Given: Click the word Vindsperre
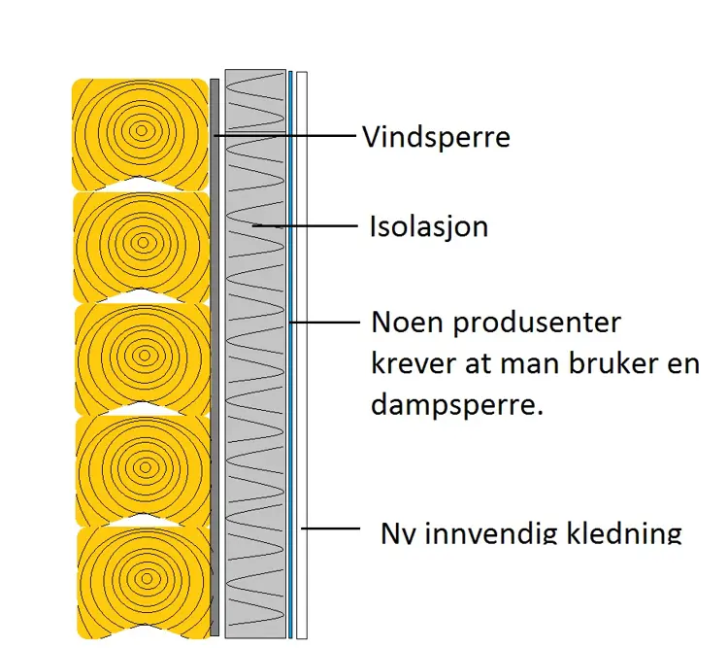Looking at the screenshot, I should coord(436,136).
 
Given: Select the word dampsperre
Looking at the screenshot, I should coord(456,404).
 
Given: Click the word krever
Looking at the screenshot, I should coord(408,362).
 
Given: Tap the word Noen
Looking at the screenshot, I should coord(406,322).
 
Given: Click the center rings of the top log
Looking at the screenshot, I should coord(142,129).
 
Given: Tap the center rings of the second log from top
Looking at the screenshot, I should coord(142,241).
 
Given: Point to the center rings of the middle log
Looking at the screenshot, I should coord(142,354).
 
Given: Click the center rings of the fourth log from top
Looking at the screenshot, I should coord(143,465).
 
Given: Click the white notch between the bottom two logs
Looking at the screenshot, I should coord(143,522).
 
